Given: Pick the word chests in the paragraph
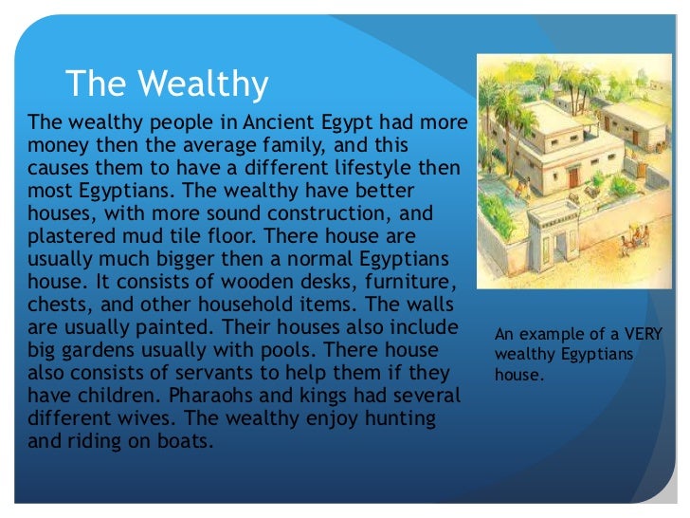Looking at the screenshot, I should coord(59,305).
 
